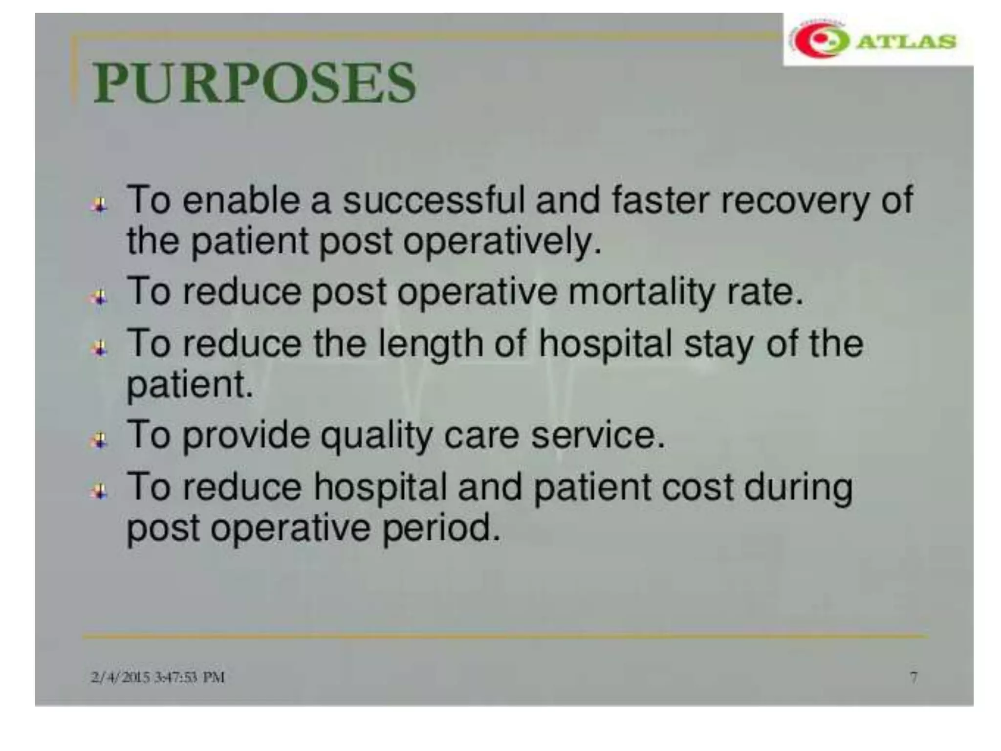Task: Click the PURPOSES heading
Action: [x=254, y=83]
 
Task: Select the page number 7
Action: [x=914, y=678]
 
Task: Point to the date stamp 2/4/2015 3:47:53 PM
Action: [x=157, y=678]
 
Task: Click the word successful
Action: [x=433, y=200]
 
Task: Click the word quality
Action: [x=376, y=436]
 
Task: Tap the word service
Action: [x=597, y=435]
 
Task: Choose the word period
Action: [x=441, y=529]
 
